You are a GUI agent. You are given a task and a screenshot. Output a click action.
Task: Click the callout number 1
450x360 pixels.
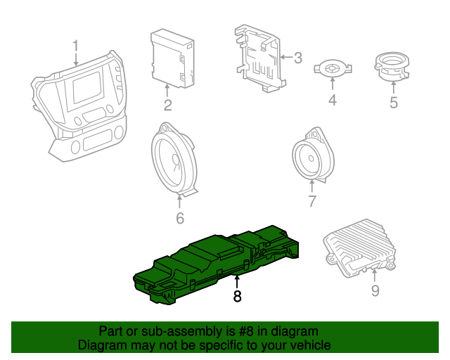click(x=75, y=47)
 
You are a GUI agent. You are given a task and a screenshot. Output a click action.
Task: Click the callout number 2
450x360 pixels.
click(x=167, y=106)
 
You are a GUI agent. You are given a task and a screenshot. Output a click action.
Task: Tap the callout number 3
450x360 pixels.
click(x=297, y=58)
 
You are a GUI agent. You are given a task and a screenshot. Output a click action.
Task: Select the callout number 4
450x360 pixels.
click(x=333, y=101)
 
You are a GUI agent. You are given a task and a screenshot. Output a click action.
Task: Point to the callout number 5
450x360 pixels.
click(x=393, y=103)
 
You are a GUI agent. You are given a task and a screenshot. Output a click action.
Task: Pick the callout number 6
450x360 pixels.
click(x=179, y=219)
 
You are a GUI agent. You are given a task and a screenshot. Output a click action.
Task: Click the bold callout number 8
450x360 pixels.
click(x=237, y=297)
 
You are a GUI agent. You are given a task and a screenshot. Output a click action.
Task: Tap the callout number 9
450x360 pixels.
click(x=375, y=290)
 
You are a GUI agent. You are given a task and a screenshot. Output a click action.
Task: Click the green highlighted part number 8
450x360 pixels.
click(x=211, y=264)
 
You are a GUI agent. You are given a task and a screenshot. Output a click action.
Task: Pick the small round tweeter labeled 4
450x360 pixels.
click(x=333, y=69)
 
